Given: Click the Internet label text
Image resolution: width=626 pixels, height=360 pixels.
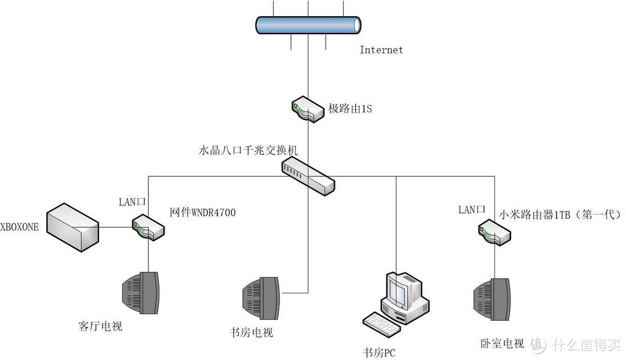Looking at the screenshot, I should click(x=381, y=50).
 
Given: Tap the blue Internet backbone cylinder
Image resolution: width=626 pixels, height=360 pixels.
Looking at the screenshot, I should click(x=308, y=25).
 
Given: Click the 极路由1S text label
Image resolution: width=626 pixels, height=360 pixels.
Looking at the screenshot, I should click(x=350, y=108).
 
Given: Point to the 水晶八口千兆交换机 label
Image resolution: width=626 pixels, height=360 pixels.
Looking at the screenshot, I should click(x=248, y=150).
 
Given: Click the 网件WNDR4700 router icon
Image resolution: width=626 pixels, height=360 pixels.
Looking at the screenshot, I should click(x=148, y=227).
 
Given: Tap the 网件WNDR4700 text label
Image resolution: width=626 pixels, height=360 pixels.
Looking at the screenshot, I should click(x=203, y=213).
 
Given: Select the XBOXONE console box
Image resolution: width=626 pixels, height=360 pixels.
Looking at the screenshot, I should click(x=72, y=226).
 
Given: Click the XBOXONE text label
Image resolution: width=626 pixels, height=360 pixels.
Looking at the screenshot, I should click(x=20, y=227).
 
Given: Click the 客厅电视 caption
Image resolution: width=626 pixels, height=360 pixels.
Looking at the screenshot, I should click(x=100, y=326).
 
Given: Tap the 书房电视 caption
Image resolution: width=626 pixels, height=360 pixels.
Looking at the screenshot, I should click(x=251, y=333).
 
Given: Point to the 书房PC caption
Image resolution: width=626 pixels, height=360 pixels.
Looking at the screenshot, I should click(x=380, y=352).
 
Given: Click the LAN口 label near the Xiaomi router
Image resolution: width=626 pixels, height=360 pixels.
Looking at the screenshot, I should click(x=471, y=210).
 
